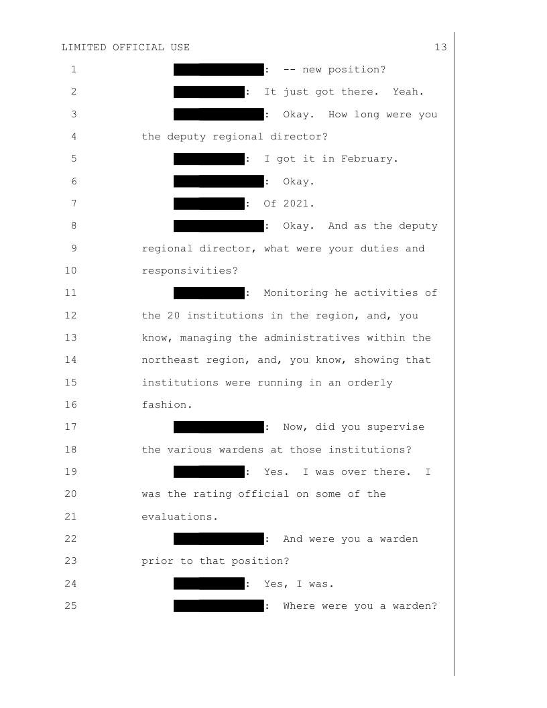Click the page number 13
[x=440, y=48]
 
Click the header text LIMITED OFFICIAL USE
[x=125, y=48]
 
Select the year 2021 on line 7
[x=293, y=203]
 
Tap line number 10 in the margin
[x=72, y=270]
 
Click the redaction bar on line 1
[x=218, y=70]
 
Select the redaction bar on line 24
[x=208, y=583]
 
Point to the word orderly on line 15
[x=371, y=382]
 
